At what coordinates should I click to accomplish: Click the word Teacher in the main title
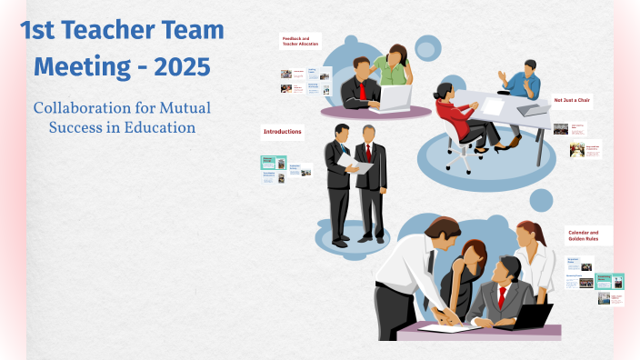[119, 31]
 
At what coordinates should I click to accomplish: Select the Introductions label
[283, 132]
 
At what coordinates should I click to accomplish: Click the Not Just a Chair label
[572, 100]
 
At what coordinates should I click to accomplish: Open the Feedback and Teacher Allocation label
[301, 43]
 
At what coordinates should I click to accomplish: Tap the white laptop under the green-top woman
[395, 97]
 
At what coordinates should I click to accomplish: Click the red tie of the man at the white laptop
[362, 90]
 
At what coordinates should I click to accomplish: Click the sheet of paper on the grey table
[492, 106]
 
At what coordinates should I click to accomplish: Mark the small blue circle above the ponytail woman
[541, 199]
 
